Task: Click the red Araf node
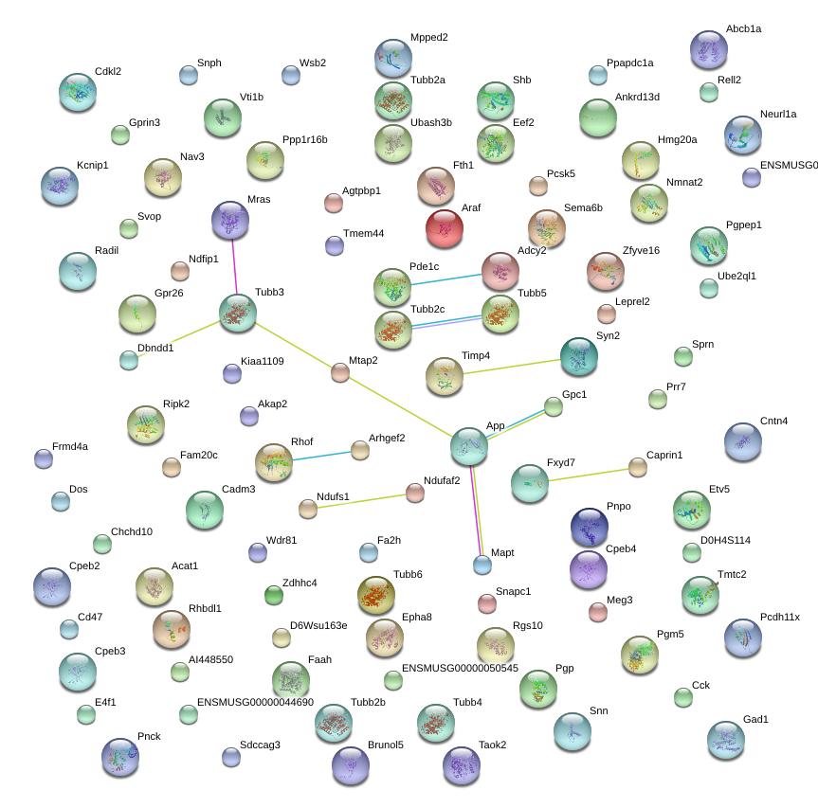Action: pos(445,227)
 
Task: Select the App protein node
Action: pos(469,446)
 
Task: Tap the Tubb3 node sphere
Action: pos(238,313)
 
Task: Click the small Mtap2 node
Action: pos(340,372)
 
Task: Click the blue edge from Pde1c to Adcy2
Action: pos(446,279)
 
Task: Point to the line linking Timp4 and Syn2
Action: pos(512,367)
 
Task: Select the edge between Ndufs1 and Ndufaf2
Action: pos(361,501)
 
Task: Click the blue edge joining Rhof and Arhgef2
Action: pos(321,456)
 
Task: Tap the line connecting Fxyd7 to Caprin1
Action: pos(589,475)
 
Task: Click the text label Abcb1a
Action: pos(743,28)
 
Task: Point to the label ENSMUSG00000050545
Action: pos(460,668)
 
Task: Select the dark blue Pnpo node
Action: pos(590,527)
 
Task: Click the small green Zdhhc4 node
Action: pos(274,595)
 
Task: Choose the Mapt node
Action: pos(482,565)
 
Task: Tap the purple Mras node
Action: pos(230,220)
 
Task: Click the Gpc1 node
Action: pos(553,406)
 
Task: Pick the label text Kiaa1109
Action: pos(262,361)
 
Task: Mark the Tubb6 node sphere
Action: pos(376,595)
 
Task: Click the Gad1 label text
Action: pos(755,719)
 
